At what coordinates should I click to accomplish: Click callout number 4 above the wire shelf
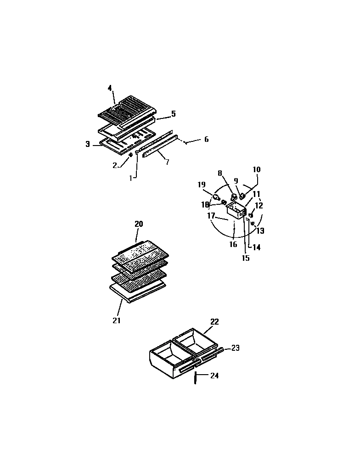tap(110, 88)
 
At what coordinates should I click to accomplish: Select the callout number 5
tap(173, 113)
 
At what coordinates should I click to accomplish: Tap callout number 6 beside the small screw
tap(206, 139)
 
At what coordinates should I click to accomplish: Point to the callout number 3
tap(88, 144)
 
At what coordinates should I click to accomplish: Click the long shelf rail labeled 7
tap(159, 146)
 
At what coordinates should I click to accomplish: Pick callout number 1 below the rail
tap(131, 178)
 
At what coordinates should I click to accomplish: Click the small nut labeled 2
tap(131, 155)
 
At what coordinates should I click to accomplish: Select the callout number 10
tap(256, 170)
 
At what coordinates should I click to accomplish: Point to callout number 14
tap(256, 247)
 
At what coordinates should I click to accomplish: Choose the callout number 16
tap(233, 244)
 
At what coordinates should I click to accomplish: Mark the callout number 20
tap(139, 224)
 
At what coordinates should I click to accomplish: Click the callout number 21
tap(117, 320)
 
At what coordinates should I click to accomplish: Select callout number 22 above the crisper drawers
tap(215, 322)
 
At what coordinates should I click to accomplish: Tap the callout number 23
tap(235, 348)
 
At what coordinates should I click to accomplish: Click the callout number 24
tap(214, 376)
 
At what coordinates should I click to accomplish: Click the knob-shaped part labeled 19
tap(216, 197)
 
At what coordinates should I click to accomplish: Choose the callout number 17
tap(211, 216)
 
